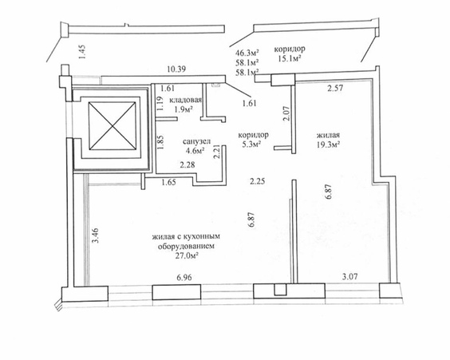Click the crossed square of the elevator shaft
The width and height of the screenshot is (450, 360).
point(112,126)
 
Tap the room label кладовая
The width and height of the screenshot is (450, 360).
point(185,100)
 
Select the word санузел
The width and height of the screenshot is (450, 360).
point(196,141)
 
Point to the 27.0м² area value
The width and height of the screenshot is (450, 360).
point(187,255)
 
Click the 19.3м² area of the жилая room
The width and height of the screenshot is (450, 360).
point(328,144)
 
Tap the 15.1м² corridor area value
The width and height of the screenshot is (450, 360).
point(290,58)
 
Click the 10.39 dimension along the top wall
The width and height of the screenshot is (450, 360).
point(176,69)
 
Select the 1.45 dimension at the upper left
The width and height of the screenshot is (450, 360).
point(82,52)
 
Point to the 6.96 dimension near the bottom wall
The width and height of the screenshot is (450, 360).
point(184,277)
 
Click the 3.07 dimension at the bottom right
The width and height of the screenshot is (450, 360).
point(350,277)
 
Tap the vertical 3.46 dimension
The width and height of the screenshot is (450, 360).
point(95,235)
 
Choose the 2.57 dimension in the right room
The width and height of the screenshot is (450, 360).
point(335,88)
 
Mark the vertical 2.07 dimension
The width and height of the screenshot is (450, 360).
point(286,113)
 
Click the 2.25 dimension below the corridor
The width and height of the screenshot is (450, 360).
point(257,181)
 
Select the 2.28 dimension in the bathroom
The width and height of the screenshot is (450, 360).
point(187,164)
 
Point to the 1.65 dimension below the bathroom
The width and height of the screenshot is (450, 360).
point(168,182)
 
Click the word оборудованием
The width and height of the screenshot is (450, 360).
point(186,246)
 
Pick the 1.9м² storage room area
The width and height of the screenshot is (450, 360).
point(184,109)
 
